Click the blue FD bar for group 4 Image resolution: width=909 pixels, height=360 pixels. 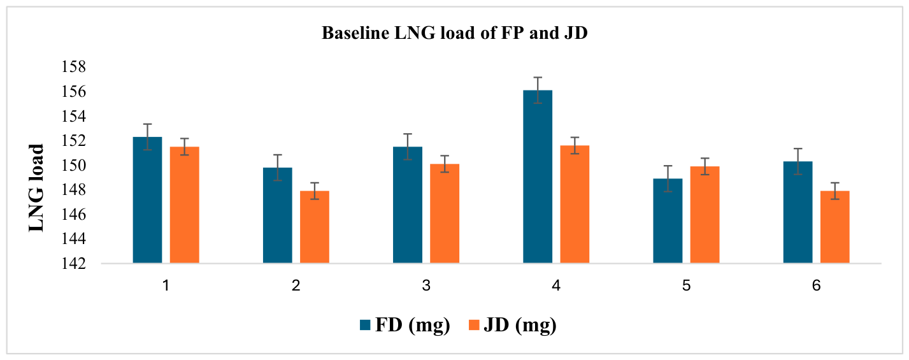[537, 176]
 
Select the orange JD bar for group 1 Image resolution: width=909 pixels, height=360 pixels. [185, 205]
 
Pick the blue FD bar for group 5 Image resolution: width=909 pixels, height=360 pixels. [668, 221]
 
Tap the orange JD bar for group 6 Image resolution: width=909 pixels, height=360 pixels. [834, 227]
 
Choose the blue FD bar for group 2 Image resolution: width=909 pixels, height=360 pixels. [278, 215]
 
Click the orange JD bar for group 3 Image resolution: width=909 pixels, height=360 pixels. [445, 213]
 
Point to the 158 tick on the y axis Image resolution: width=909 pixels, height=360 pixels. [74, 67]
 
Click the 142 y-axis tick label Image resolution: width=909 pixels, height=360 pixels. [74, 264]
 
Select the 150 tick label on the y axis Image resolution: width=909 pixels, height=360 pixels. [74, 166]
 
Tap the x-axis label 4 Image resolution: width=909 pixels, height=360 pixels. [556, 285]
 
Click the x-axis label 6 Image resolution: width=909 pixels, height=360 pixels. [816, 285]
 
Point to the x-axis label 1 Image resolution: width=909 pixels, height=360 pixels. [166, 285]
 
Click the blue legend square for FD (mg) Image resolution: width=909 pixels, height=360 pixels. [365, 325]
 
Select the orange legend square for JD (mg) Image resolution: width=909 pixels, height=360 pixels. [474, 325]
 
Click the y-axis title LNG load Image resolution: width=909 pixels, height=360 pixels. [36, 188]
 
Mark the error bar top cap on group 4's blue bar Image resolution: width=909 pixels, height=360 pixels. [538, 77]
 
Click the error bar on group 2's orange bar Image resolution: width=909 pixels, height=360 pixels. [315, 191]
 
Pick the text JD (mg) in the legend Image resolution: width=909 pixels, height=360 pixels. [520, 326]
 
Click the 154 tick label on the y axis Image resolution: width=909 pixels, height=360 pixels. [74, 117]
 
